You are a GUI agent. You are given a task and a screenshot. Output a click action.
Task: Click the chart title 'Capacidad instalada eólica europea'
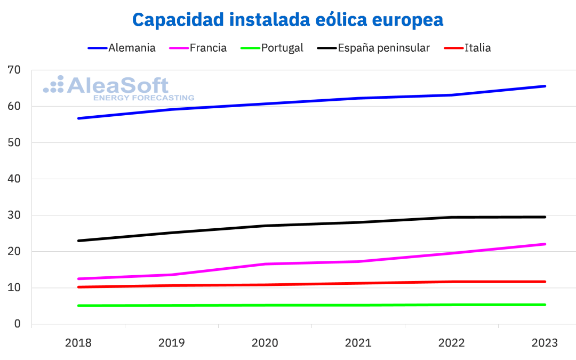[288, 20]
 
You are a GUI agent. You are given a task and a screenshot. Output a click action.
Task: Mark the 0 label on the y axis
[18, 324]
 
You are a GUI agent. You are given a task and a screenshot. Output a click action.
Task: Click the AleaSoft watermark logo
[118, 88]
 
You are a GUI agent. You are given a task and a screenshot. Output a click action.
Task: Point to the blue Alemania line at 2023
[545, 86]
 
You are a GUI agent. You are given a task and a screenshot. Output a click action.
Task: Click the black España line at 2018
[78, 241]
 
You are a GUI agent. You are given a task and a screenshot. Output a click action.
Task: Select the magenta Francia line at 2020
[265, 264]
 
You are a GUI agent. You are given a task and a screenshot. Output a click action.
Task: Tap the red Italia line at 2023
[545, 282]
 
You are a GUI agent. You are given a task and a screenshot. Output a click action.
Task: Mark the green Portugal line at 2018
[78, 306]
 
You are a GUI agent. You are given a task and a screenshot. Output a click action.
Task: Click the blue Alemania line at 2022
[452, 95]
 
